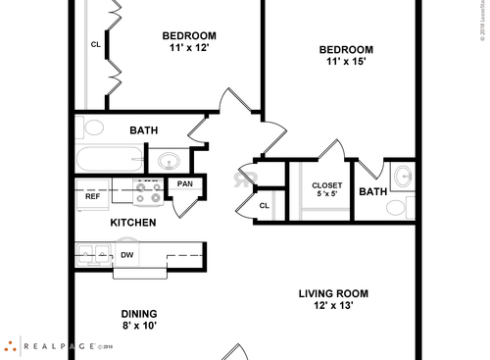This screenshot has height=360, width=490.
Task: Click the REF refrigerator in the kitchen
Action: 93,194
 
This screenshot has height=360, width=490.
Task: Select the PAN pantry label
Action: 184,183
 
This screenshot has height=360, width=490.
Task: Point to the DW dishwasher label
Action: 126,256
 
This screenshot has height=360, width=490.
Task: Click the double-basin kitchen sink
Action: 94,256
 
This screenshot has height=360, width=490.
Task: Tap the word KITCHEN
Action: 132,223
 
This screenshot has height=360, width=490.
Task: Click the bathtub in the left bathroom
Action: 110,159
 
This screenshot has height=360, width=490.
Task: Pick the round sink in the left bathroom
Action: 171,161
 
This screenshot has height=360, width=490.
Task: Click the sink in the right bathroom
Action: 403,178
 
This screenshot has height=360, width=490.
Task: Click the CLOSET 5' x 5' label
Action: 327,190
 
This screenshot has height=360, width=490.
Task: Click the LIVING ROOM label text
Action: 333,292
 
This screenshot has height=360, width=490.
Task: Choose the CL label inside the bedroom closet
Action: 95,44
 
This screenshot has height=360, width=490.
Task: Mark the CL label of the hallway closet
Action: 265,205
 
